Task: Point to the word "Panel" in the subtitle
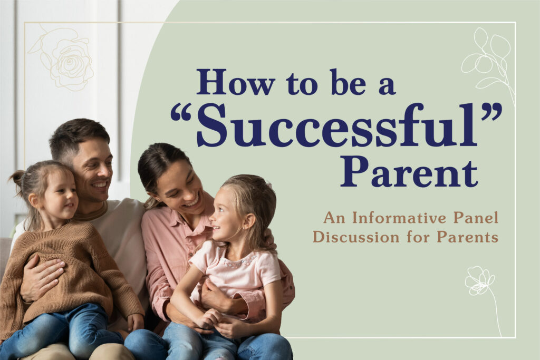pyautogui.click(x=476, y=218)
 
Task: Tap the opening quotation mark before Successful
pyautogui.click(x=181, y=113)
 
